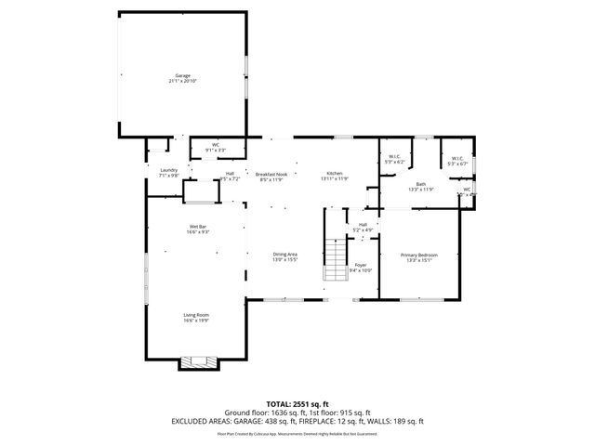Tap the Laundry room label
point(168,170)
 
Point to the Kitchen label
point(335,174)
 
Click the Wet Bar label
point(197,226)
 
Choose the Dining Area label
point(284,254)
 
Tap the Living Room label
point(195,315)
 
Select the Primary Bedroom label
point(418,255)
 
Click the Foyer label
point(360,265)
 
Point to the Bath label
point(420,184)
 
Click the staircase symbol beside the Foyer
point(334,259)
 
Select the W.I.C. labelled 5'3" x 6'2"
point(394,157)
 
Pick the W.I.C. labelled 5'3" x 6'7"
point(457,159)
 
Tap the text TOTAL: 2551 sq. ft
point(297,403)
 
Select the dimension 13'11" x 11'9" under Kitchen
point(335,178)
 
